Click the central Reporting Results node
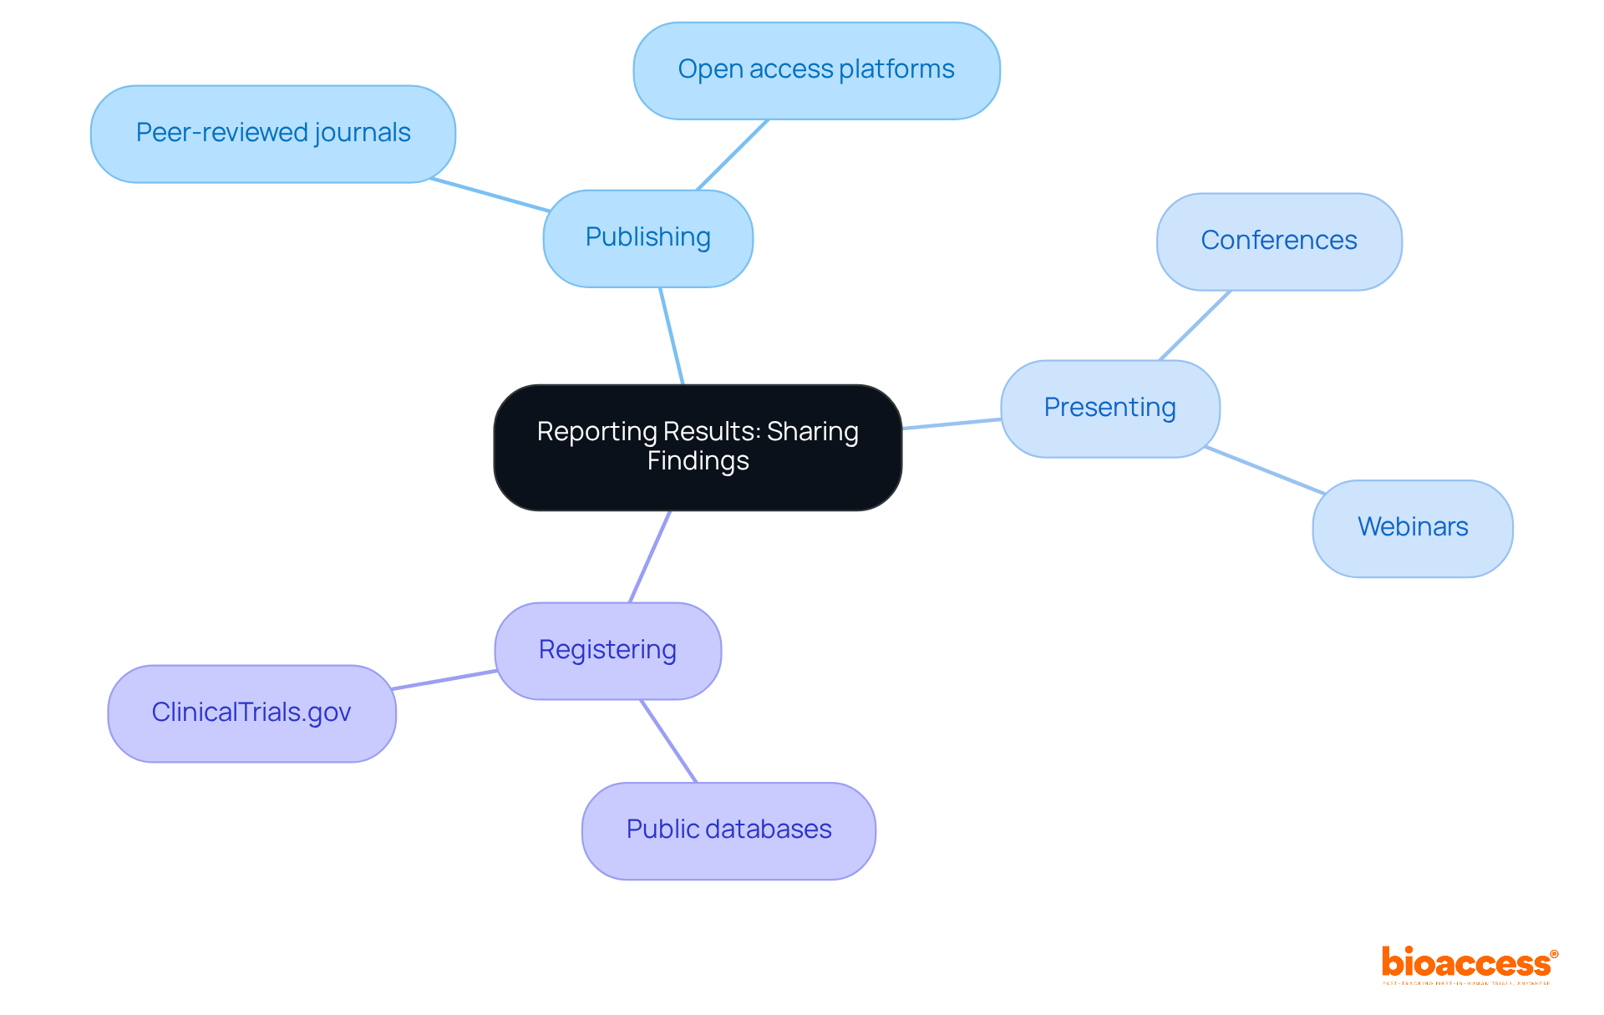point(698,447)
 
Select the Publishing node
point(647,238)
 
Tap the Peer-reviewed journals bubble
point(272,134)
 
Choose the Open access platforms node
point(816,70)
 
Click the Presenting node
point(1109,409)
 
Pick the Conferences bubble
point(1278,241)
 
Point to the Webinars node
point(1412,528)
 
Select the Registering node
point(607,651)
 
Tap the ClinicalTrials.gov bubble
point(251,713)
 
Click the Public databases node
point(728,830)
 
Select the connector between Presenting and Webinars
point(1265,470)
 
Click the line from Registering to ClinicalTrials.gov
point(444,679)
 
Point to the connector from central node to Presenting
point(952,424)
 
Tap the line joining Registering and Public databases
point(668,741)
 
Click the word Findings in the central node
point(698,461)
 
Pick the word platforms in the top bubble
point(896,69)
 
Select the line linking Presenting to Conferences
point(1195,326)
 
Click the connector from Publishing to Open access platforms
point(732,155)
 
